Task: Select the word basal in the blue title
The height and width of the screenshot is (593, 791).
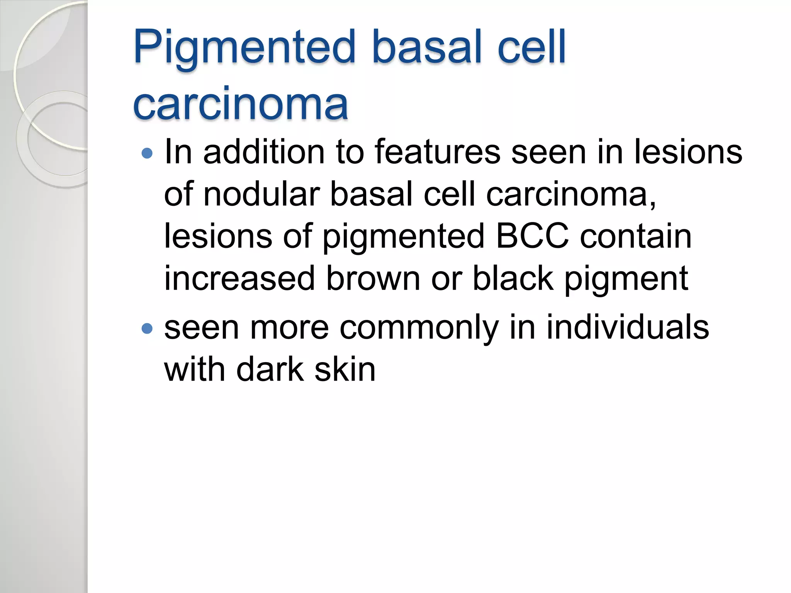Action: click(x=427, y=47)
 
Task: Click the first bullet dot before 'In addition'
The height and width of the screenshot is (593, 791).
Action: click(x=147, y=154)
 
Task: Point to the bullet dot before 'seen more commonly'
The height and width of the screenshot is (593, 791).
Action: click(x=147, y=329)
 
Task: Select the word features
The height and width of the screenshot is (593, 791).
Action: click(x=437, y=152)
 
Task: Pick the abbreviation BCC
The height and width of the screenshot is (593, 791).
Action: click(x=532, y=236)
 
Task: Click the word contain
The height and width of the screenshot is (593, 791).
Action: click(x=636, y=236)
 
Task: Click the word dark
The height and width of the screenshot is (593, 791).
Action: click(x=270, y=369)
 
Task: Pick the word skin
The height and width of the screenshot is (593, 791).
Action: click(x=345, y=369)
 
